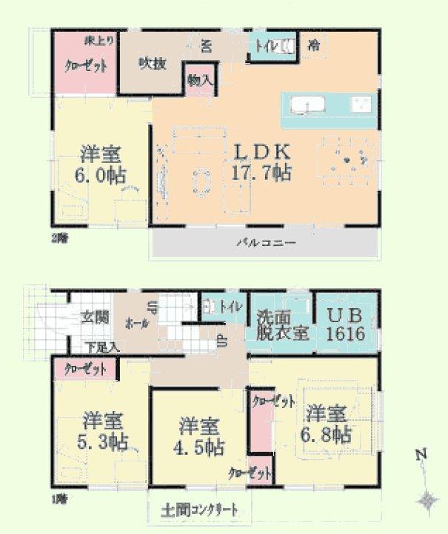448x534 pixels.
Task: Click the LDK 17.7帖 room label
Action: pyautogui.click(x=262, y=162)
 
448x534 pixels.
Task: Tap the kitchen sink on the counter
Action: pyautogui.click(x=304, y=104)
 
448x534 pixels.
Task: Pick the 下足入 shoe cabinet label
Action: pyautogui.click(x=102, y=347)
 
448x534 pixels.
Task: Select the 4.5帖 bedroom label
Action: pyautogui.click(x=198, y=437)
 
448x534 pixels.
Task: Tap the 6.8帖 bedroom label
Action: pyautogui.click(x=327, y=423)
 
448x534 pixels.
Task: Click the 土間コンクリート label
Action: pyautogui.click(x=199, y=510)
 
